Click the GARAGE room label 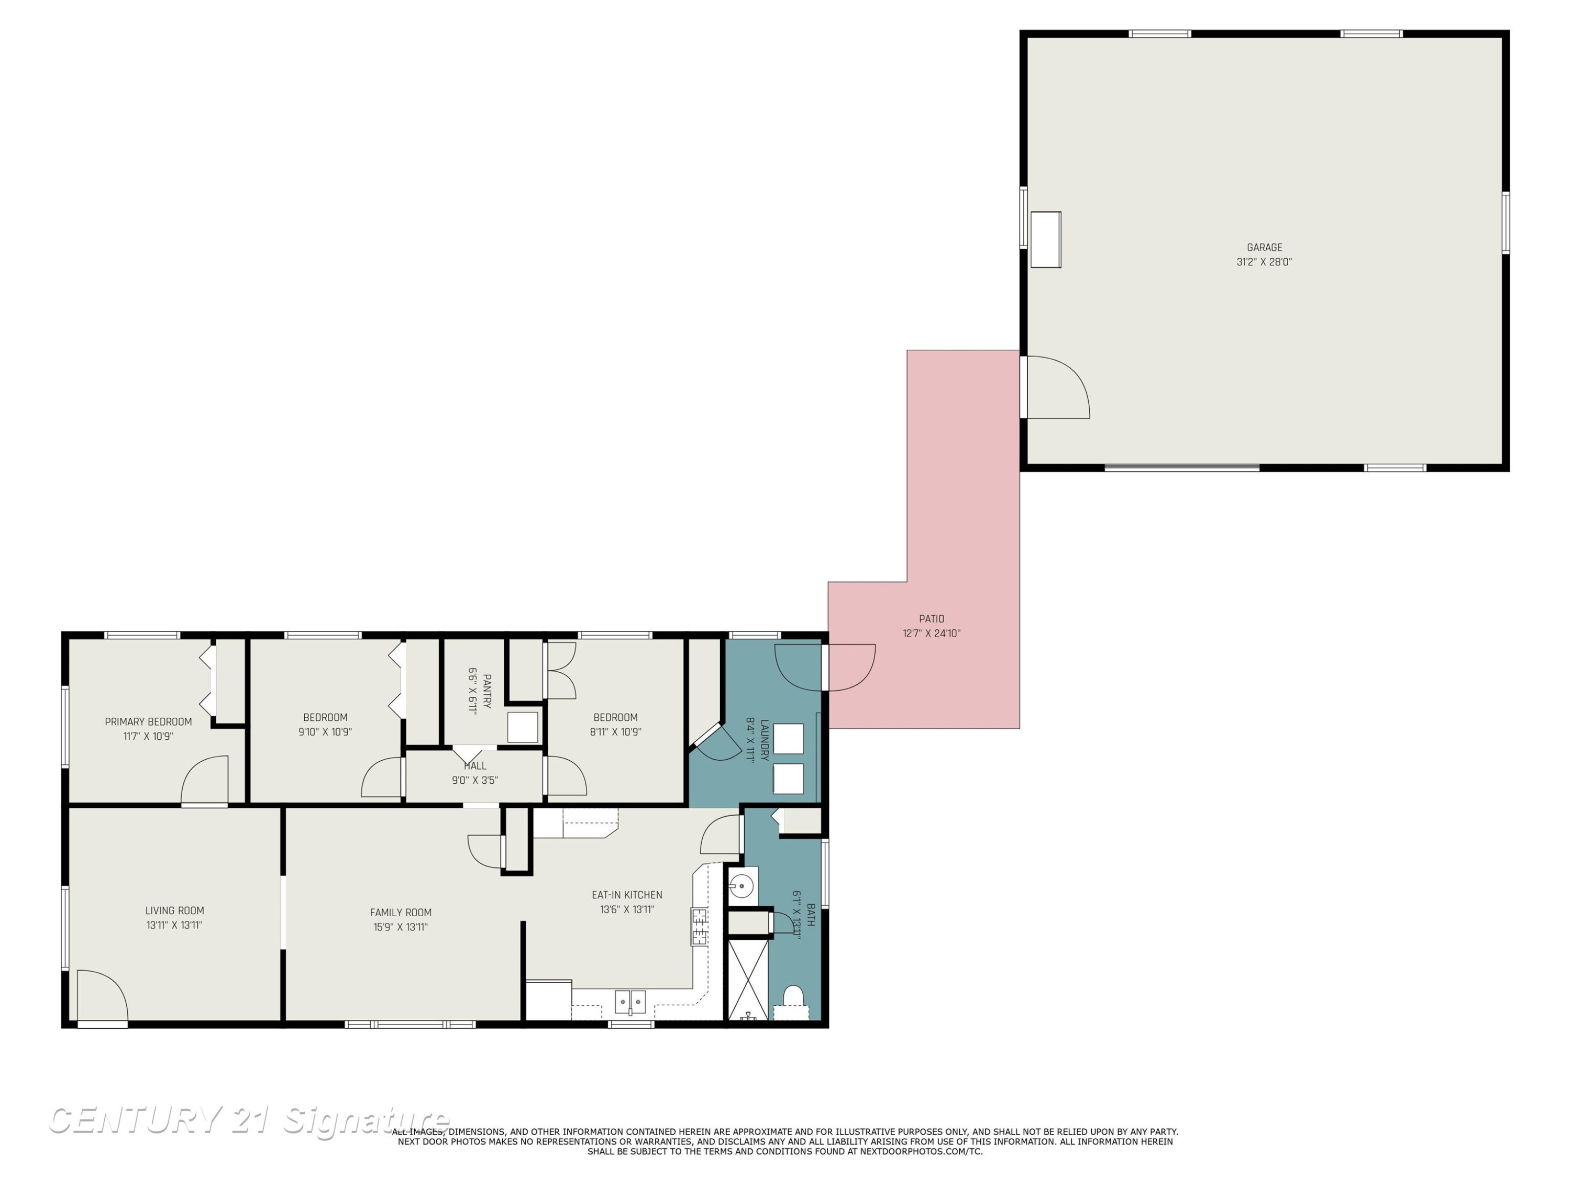(1264, 248)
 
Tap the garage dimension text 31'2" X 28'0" (1264, 262)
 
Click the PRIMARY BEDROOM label (148, 722)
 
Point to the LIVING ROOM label (175, 911)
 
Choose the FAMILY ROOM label (401, 913)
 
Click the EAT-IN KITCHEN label (627, 895)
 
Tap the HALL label (475, 766)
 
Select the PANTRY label (487, 692)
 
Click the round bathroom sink (742, 886)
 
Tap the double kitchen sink (630, 1002)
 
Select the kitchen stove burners (700, 927)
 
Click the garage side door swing (1058, 387)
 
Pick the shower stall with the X (748, 979)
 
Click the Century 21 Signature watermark (249, 1120)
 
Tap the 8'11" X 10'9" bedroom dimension (616, 732)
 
